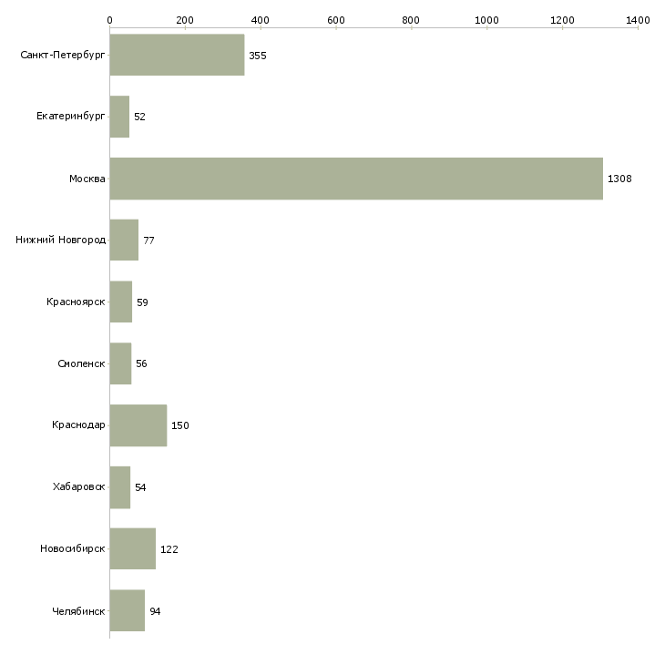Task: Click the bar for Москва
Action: point(356,179)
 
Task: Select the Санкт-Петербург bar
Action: point(178,56)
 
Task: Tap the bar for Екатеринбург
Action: point(119,117)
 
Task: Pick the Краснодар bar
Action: point(138,425)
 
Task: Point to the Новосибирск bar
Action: point(133,548)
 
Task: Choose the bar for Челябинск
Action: point(128,610)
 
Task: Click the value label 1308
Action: point(619,179)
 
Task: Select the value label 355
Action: point(258,56)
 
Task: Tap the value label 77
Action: point(148,240)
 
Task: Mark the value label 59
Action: point(142,302)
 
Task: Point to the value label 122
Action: point(169,549)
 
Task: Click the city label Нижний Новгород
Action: point(61,240)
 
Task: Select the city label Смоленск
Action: point(81,363)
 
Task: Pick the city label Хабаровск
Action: point(78,486)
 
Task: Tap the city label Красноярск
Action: point(76,302)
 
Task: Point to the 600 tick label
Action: point(336,20)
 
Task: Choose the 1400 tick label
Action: point(638,20)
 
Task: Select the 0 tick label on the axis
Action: point(110,20)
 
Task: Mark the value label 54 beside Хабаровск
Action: point(140,487)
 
